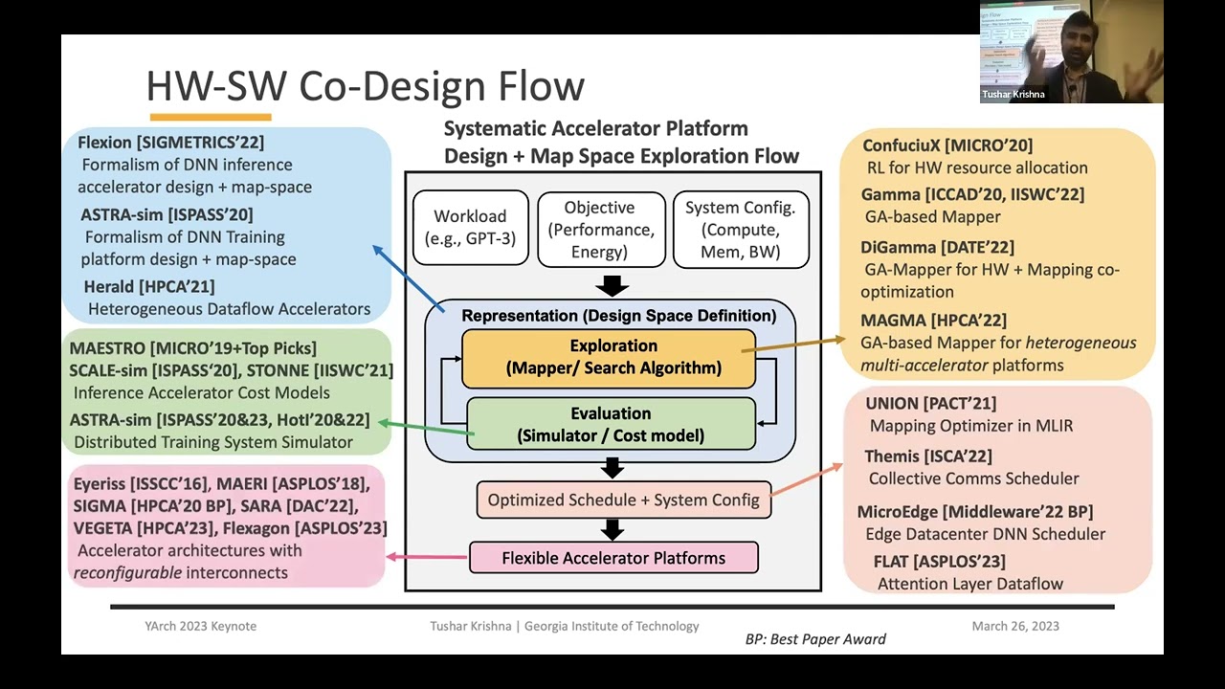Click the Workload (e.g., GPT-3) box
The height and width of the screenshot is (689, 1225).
(x=470, y=228)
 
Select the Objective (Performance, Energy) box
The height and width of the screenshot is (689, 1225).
(x=599, y=229)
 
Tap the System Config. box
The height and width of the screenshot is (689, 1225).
(x=741, y=229)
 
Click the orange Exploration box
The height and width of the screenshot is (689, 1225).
(x=609, y=357)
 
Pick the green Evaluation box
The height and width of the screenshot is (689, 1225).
(x=611, y=424)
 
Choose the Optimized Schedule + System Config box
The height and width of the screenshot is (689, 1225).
(x=623, y=500)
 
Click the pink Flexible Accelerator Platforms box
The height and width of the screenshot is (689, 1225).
(x=613, y=558)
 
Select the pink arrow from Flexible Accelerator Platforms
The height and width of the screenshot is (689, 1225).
(x=427, y=557)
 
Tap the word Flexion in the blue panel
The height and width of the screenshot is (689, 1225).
(x=104, y=143)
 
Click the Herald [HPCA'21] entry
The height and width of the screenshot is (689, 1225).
(x=148, y=286)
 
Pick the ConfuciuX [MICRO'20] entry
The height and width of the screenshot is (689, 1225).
(x=947, y=145)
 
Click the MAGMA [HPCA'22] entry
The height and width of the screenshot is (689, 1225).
(x=933, y=320)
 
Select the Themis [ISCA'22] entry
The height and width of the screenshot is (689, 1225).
(x=927, y=456)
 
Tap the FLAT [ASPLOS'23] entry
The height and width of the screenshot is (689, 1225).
(x=939, y=561)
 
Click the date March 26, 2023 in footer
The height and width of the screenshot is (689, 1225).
(x=1014, y=626)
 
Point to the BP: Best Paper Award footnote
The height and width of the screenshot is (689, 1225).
(x=815, y=638)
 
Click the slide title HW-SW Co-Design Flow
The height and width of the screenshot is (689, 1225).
(x=365, y=86)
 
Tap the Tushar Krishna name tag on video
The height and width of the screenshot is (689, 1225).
(x=1013, y=95)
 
